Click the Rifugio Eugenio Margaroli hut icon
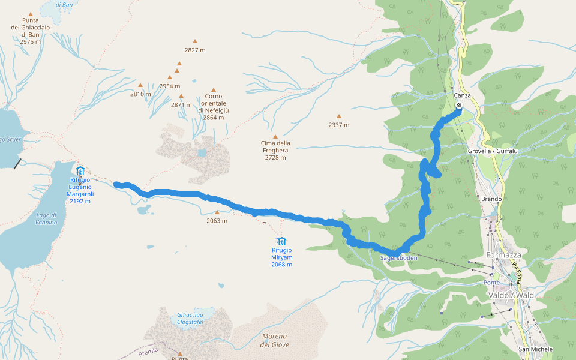point(80,170)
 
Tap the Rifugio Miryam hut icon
point(281,241)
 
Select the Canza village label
point(462,95)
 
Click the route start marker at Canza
point(459,106)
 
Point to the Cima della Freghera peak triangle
point(275,137)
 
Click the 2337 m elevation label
point(338,125)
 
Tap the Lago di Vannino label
point(47,219)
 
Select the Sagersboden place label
point(398,257)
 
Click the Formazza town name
point(504,255)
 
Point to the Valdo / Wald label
point(511,295)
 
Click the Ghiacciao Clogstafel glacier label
point(190,318)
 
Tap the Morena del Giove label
point(275,340)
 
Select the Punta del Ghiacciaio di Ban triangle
point(31,14)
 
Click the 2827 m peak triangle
point(194,41)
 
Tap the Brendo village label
point(491,199)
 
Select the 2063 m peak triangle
point(217,212)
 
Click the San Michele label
point(535,349)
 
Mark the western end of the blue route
point(116,184)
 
